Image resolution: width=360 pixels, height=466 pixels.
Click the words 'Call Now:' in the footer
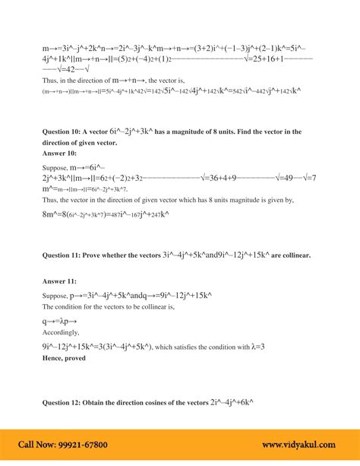37,445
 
